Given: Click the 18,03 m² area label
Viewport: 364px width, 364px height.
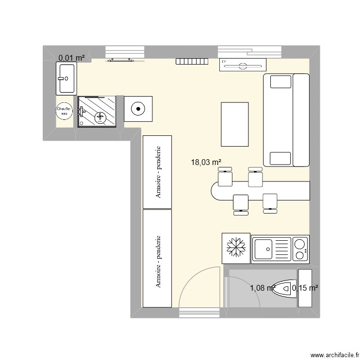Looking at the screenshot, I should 207,163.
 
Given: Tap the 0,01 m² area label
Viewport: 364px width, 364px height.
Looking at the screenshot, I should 72,58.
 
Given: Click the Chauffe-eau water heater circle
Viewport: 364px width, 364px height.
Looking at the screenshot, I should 64,111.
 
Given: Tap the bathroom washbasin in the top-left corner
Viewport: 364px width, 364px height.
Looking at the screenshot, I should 66,78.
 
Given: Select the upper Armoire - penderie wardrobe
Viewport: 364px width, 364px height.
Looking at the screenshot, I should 157,172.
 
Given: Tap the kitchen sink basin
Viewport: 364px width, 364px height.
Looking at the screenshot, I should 265,250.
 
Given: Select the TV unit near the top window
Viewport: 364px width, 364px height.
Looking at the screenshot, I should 243,65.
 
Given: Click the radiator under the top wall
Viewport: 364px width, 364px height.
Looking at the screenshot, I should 192,61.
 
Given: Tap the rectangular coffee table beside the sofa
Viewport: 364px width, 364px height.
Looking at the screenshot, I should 234,124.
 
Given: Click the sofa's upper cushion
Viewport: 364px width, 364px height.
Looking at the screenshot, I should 280,81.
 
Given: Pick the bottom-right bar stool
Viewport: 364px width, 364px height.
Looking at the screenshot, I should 270,201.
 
